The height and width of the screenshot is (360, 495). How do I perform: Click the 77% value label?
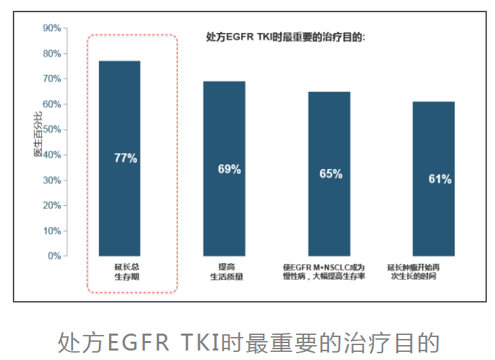pyautogui.click(x=125, y=158)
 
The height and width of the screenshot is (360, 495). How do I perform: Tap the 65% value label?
pyautogui.click(x=330, y=174)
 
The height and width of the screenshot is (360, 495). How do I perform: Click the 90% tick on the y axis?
pyautogui.click(x=51, y=28)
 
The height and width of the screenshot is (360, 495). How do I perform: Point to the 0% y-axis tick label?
pyautogui.click(x=54, y=256)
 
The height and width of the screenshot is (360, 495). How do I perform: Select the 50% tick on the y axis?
pyautogui.click(x=51, y=129)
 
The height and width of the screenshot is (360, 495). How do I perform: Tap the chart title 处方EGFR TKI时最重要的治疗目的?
pyautogui.click(x=285, y=38)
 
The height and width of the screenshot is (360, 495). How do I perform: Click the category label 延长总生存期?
pyautogui.click(x=126, y=271)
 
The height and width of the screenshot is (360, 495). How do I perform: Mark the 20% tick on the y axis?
pyautogui.click(x=51, y=205)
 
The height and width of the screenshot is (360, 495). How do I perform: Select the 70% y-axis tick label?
pyautogui.click(x=51, y=79)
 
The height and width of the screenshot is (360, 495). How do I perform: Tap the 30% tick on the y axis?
pyautogui.click(x=51, y=180)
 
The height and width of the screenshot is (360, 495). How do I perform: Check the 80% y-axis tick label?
pyautogui.click(x=51, y=53)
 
